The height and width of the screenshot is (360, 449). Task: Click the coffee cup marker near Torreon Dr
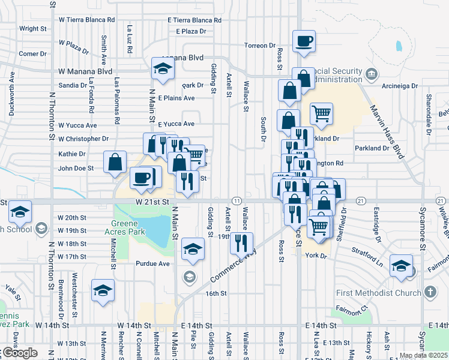(304, 41)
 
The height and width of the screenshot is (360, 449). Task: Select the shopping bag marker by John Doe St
(115, 162)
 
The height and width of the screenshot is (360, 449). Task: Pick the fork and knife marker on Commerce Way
(242, 244)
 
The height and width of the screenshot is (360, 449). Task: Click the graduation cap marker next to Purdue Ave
(193, 249)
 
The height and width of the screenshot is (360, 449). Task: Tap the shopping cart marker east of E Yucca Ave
(322, 114)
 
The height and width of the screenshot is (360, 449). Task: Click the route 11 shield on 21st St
(237, 200)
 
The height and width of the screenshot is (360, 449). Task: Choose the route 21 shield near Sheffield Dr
(361, 200)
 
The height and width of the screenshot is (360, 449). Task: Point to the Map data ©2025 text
(423, 355)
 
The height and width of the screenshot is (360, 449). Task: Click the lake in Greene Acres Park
(155, 228)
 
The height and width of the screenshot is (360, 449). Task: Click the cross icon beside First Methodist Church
(430, 292)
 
